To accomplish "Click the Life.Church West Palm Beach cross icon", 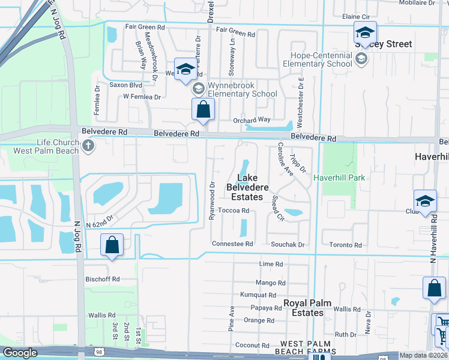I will [x=89, y=146].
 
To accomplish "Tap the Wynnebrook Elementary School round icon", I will [x=199, y=89].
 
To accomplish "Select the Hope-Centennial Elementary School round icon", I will [x=361, y=59].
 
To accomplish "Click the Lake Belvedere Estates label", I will [x=247, y=187].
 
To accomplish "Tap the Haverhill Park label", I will [x=339, y=178].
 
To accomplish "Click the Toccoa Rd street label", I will [x=234, y=211].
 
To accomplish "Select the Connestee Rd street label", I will [x=232, y=244].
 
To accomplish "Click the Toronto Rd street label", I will [x=345, y=245].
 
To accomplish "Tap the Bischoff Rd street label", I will [x=103, y=279].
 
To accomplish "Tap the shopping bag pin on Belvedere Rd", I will [x=203, y=110].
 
